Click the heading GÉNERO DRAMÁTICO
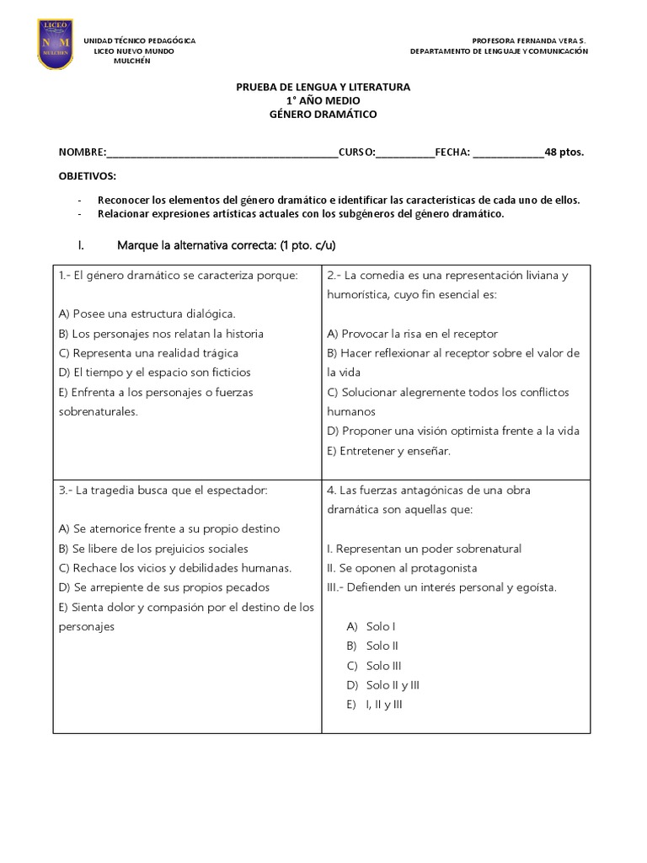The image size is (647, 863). point(323,114)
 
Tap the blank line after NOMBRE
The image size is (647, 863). point(222,153)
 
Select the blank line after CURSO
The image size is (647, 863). point(405,153)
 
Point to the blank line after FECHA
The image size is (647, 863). point(509,153)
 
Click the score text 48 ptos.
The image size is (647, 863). point(564,153)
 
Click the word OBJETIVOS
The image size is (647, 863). point(88,176)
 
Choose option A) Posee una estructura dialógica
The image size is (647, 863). point(147,314)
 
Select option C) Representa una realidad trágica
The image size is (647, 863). point(149,353)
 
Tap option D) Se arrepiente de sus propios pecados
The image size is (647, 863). point(164,587)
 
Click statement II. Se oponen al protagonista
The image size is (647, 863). point(402,568)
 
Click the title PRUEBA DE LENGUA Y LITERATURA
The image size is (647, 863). point(323,87)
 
